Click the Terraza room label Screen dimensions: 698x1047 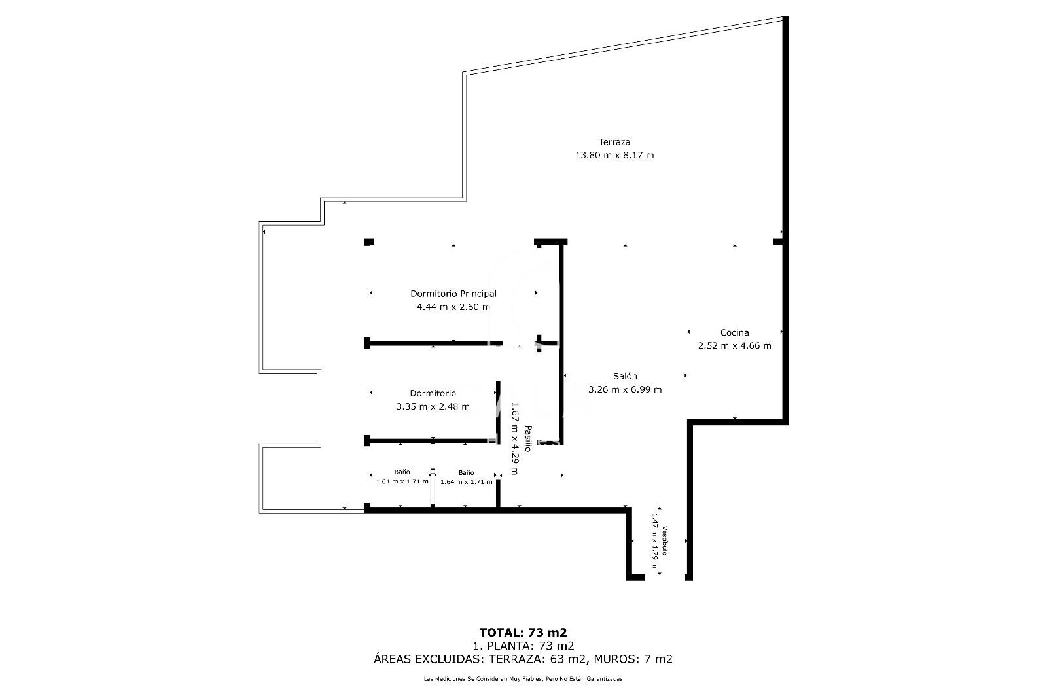614,142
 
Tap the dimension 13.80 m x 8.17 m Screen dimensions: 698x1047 614,156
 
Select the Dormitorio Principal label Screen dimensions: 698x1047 453,294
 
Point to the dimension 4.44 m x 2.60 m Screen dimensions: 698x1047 453,307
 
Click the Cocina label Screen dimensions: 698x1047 734,332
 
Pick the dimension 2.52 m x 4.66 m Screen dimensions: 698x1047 734,346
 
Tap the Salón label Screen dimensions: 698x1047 625,376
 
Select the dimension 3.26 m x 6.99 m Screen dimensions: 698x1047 625,390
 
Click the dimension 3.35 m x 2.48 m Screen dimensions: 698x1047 433,406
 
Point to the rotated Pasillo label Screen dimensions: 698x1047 527,438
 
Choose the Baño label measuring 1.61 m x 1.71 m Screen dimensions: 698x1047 402,472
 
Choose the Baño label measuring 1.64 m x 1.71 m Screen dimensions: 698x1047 466,472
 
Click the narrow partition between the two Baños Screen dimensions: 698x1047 433,487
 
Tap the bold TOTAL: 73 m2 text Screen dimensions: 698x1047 523,632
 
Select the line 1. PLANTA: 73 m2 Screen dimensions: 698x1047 523,646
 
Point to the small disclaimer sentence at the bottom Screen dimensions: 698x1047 523,679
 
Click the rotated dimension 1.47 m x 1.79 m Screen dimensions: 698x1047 653,540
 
